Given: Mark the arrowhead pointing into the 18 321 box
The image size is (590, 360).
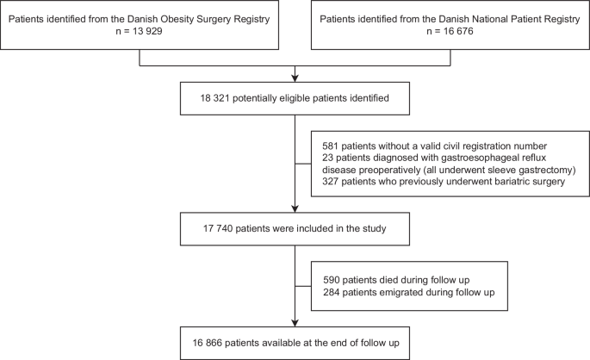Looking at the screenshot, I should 295,82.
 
